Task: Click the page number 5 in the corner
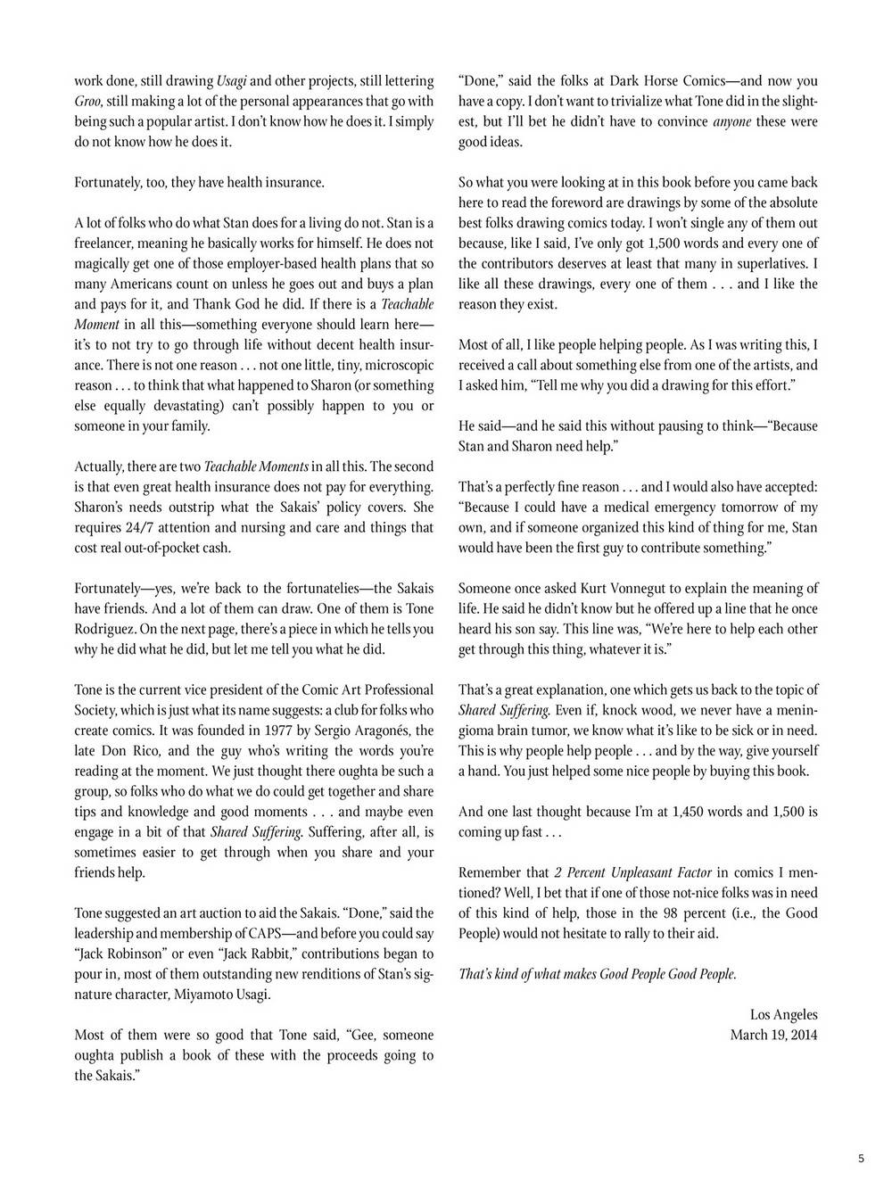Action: [x=861, y=1159]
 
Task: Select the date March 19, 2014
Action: [x=773, y=1036]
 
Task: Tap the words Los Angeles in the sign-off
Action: [x=783, y=1015]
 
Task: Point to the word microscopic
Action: [x=393, y=366]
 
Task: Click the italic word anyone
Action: [x=732, y=122]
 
